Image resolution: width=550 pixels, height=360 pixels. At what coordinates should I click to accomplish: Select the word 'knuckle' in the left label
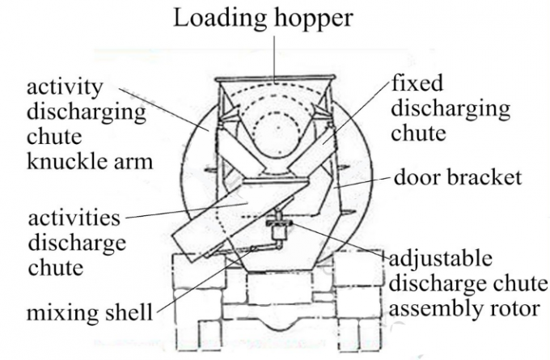pyautogui.click(x=61, y=161)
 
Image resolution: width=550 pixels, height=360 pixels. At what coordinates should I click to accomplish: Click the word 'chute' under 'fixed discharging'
pyautogui.click(x=418, y=133)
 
